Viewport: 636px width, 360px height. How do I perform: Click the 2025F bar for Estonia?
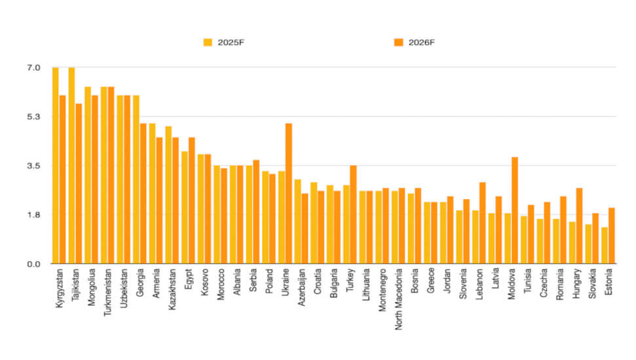(x=604, y=245)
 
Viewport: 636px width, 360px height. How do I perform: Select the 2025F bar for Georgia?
(x=136, y=180)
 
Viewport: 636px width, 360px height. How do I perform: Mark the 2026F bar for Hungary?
(x=579, y=226)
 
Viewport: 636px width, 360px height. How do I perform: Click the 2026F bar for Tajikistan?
(x=79, y=184)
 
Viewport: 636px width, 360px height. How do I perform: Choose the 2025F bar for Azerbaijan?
(x=297, y=222)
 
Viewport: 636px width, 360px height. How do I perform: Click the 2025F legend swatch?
(x=208, y=43)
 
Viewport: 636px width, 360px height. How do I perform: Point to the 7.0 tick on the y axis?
(x=33, y=68)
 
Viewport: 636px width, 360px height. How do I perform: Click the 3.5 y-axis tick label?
(x=33, y=166)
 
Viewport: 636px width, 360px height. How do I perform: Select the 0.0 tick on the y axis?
(x=33, y=264)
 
